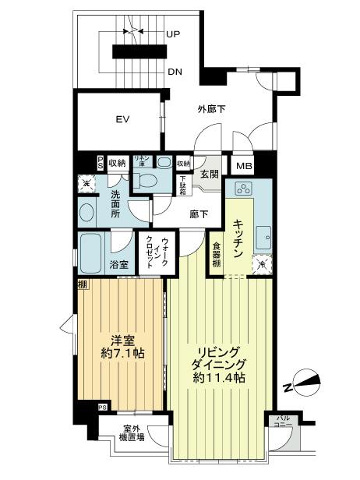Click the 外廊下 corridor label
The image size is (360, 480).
(210, 109)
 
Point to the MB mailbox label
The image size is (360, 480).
(243, 166)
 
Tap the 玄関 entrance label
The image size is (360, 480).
(208, 174)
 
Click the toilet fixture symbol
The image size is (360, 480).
(145, 180)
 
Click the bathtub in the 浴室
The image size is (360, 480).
(91, 251)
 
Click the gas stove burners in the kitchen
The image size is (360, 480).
(243, 189)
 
